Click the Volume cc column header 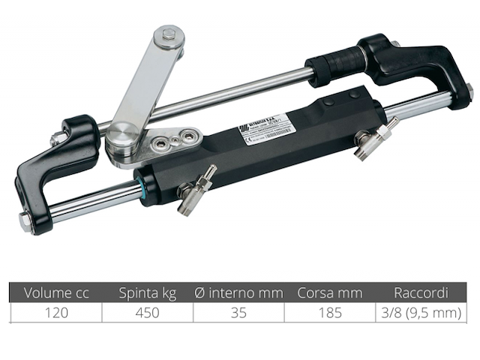point(55,292)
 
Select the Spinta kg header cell point(148,292)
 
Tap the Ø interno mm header point(238,292)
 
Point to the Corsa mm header point(330,292)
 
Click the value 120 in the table point(55,313)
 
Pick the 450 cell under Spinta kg point(148,313)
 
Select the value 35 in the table point(238,313)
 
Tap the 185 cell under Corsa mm point(330,313)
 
